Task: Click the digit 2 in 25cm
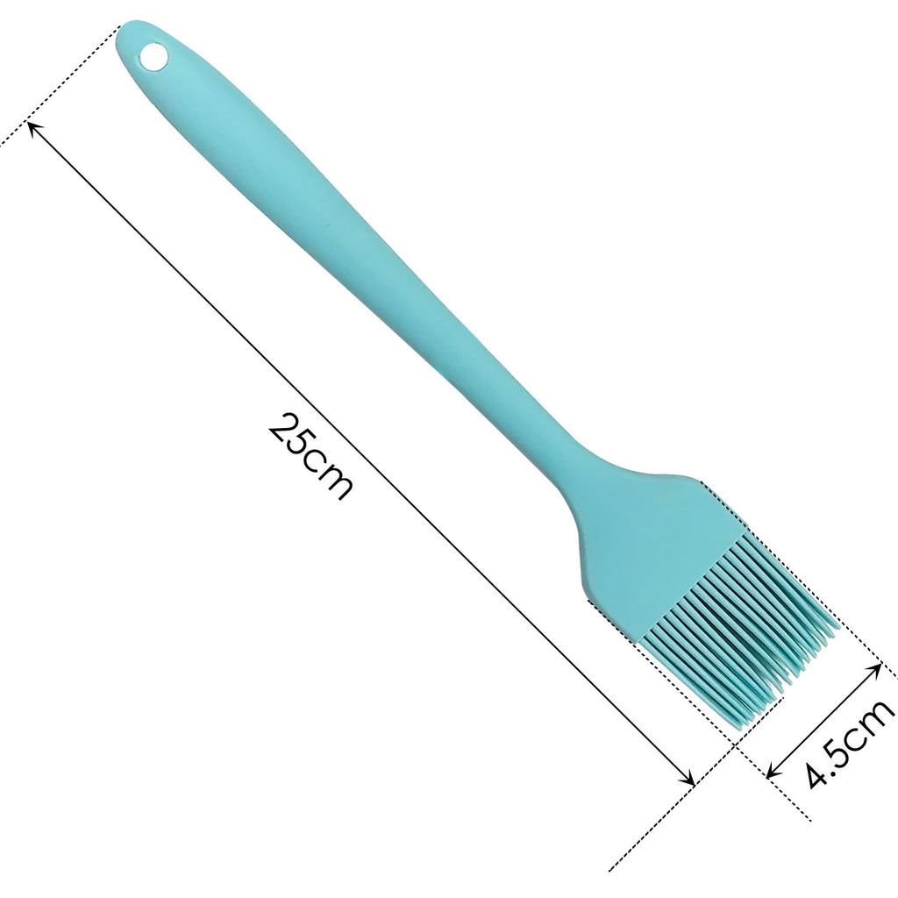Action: (282, 428)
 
